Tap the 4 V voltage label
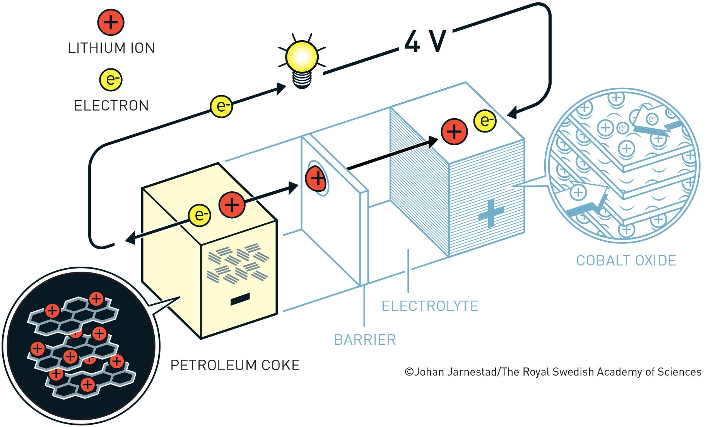click(x=426, y=41)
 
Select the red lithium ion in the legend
click(x=111, y=22)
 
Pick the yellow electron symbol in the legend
click(x=111, y=80)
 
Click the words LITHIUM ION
click(x=111, y=48)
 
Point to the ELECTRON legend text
click(x=111, y=105)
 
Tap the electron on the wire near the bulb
click(x=222, y=106)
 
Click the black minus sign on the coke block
click(x=240, y=299)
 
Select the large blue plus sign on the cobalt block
click(x=491, y=213)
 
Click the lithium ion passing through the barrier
click(x=316, y=179)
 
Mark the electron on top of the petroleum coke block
click(x=200, y=215)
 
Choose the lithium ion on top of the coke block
click(x=232, y=204)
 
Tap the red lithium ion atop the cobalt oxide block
click(x=455, y=132)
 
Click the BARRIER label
click(x=365, y=340)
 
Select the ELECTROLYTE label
click(x=430, y=306)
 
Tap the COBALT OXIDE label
click(x=626, y=261)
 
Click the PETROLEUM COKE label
click(x=235, y=366)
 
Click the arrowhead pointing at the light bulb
click(x=281, y=89)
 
